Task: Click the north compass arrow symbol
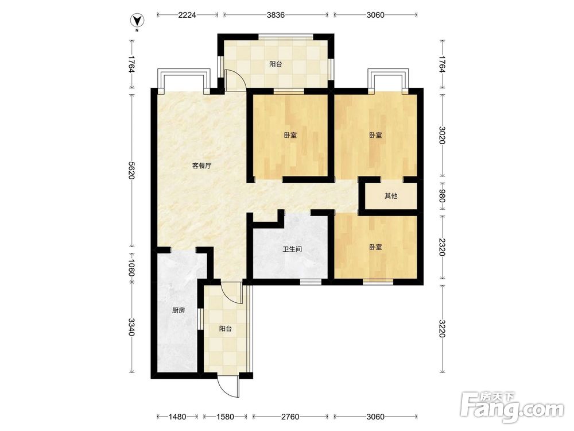[x=137, y=20]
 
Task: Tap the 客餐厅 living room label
[x=201, y=166]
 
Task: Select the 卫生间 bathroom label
[x=292, y=249]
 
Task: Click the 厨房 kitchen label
[x=179, y=310]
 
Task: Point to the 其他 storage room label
[x=390, y=196]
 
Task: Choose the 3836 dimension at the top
[x=276, y=15]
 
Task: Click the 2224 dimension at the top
[x=187, y=15]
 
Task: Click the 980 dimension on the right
[x=442, y=196]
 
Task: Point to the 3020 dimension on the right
[x=442, y=135]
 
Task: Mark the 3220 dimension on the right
[x=442, y=328]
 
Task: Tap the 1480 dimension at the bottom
[x=177, y=417]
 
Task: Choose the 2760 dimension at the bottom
[x=290, y=417]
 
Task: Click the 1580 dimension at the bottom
[x=225, y=417]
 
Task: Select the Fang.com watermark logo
[x=512, y=407]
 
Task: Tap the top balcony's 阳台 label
[x=276, y=64]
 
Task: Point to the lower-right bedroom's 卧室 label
[x=375, y=247]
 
